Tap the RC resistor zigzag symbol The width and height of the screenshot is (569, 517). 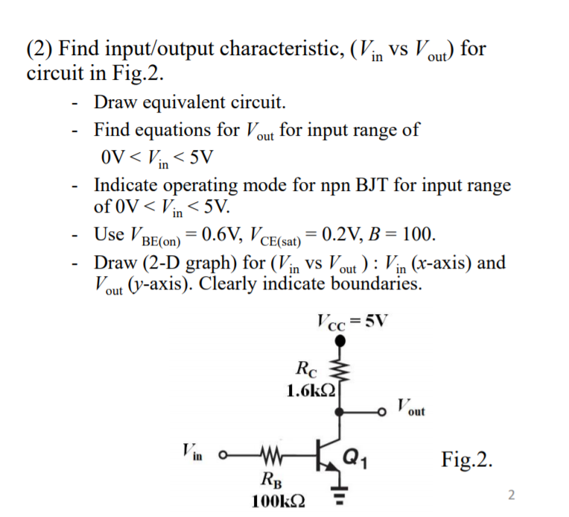point(342,376)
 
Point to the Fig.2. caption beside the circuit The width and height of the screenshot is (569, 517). point(467,457)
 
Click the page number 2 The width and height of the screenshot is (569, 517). point(511,494)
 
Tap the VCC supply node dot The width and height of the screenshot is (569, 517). point(341,340)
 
